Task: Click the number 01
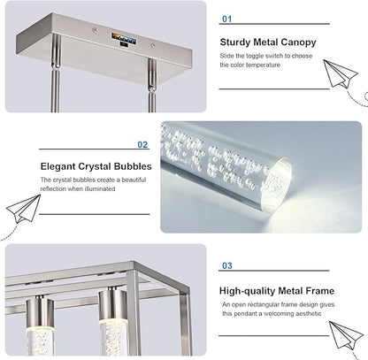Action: coord(227,19)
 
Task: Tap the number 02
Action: coord(142,145)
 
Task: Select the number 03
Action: coord(227,265)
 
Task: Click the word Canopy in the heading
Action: coord(298,42)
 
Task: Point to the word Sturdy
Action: coord(234,42)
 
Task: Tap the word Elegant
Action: coord(57,166)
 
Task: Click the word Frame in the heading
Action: coord(320,291)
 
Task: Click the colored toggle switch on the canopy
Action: coord(124,39)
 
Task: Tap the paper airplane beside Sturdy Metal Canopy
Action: coord(340,73)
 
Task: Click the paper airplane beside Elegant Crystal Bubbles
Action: coord(24,209)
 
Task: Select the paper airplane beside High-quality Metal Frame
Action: coord(346,335)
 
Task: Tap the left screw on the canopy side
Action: coord(95,30)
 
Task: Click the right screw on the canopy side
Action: coord(153,45)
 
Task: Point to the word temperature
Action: coord(263,65)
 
